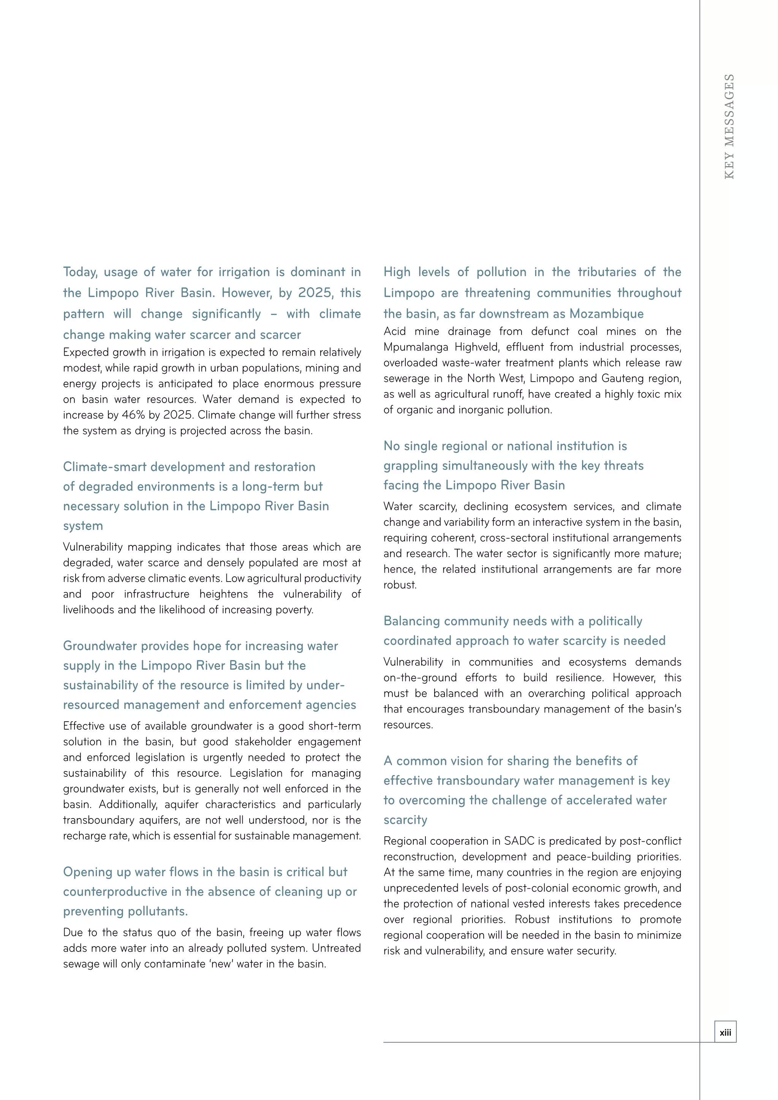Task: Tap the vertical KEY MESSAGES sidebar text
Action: tap(729, 126)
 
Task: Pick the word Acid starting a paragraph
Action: tap(394, 332)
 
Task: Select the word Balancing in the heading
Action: tap(411, 621)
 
